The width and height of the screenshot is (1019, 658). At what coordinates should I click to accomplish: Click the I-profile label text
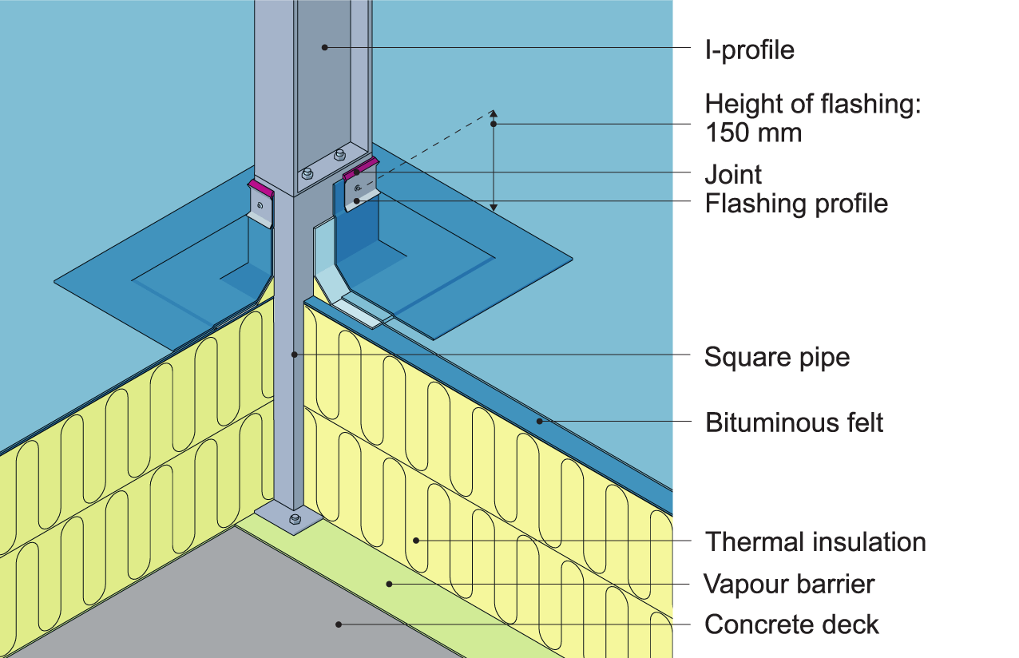(749, 50)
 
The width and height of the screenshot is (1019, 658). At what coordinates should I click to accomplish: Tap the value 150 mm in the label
(753, 133)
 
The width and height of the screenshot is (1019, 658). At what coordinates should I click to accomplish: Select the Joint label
(733, 174)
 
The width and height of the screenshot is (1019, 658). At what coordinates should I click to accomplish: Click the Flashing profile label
(795, 204)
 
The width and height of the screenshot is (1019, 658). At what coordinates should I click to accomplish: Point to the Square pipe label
(776, 357)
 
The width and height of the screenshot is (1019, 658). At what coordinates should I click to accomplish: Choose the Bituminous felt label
(794, 422)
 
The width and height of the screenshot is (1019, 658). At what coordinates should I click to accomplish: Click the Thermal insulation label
(815, 542)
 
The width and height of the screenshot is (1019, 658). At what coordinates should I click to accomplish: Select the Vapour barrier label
(788, 585)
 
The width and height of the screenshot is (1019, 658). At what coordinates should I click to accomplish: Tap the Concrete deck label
(791, 624)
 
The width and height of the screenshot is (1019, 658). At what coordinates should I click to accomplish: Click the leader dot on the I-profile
(325, 48)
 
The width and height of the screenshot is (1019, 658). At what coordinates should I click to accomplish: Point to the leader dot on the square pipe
(295, 354)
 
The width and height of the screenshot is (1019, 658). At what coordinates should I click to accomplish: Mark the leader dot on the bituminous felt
(541, 420)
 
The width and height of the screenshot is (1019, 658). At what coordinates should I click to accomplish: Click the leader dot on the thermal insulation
(416, 541)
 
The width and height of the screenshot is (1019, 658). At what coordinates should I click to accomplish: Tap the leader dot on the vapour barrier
(390, 584)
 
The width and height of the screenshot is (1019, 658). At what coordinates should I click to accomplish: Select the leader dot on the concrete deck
(339, 624)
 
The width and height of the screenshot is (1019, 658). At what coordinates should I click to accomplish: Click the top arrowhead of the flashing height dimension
(494, 114)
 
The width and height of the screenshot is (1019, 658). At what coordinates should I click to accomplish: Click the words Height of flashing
(813, 105)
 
